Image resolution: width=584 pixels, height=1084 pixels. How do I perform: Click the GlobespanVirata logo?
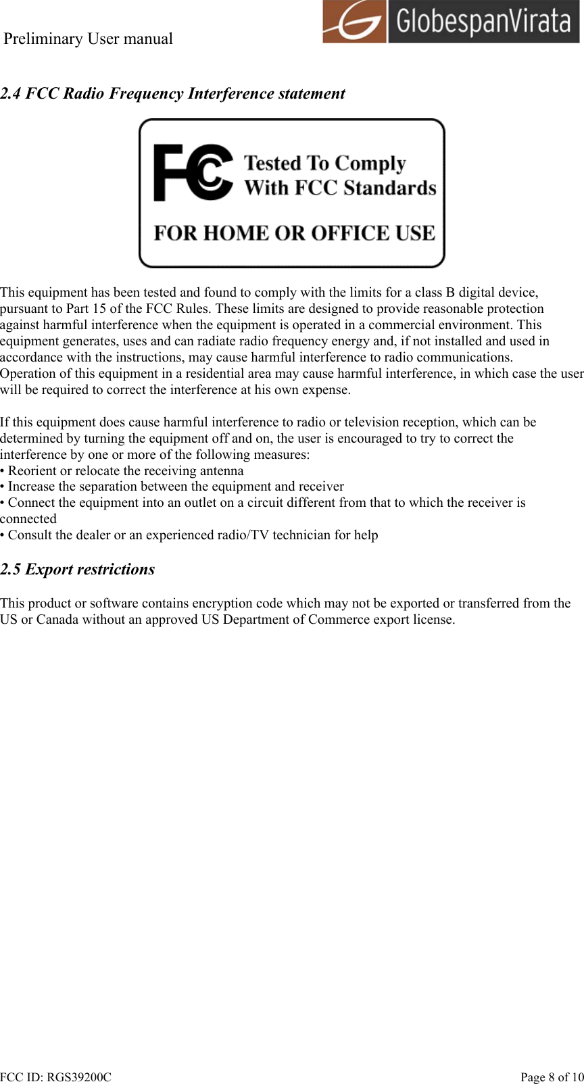[x=450, y=22]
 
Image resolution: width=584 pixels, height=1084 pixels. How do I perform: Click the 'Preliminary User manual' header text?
[x=89, y=39]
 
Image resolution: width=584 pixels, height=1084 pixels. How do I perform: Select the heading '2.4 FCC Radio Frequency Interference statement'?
[x=172, y=93]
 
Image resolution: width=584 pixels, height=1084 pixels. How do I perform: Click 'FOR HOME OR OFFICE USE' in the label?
[x=294, y=233]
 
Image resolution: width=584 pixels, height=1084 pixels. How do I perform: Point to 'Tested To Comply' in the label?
[x=324, y=164]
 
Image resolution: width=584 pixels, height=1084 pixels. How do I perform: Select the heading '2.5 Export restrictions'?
[x=78, y=569]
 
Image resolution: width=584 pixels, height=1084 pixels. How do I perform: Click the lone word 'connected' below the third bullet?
[x=28, y=519]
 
